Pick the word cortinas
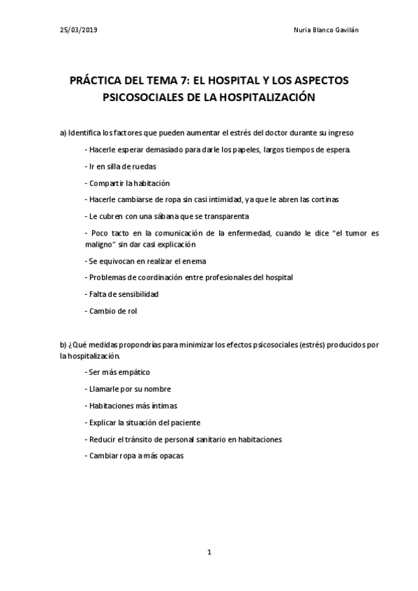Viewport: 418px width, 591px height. (x=324, y=199)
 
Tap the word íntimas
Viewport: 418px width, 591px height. (x=163, y=406)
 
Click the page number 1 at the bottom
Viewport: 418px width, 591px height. (x=209, y=553)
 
